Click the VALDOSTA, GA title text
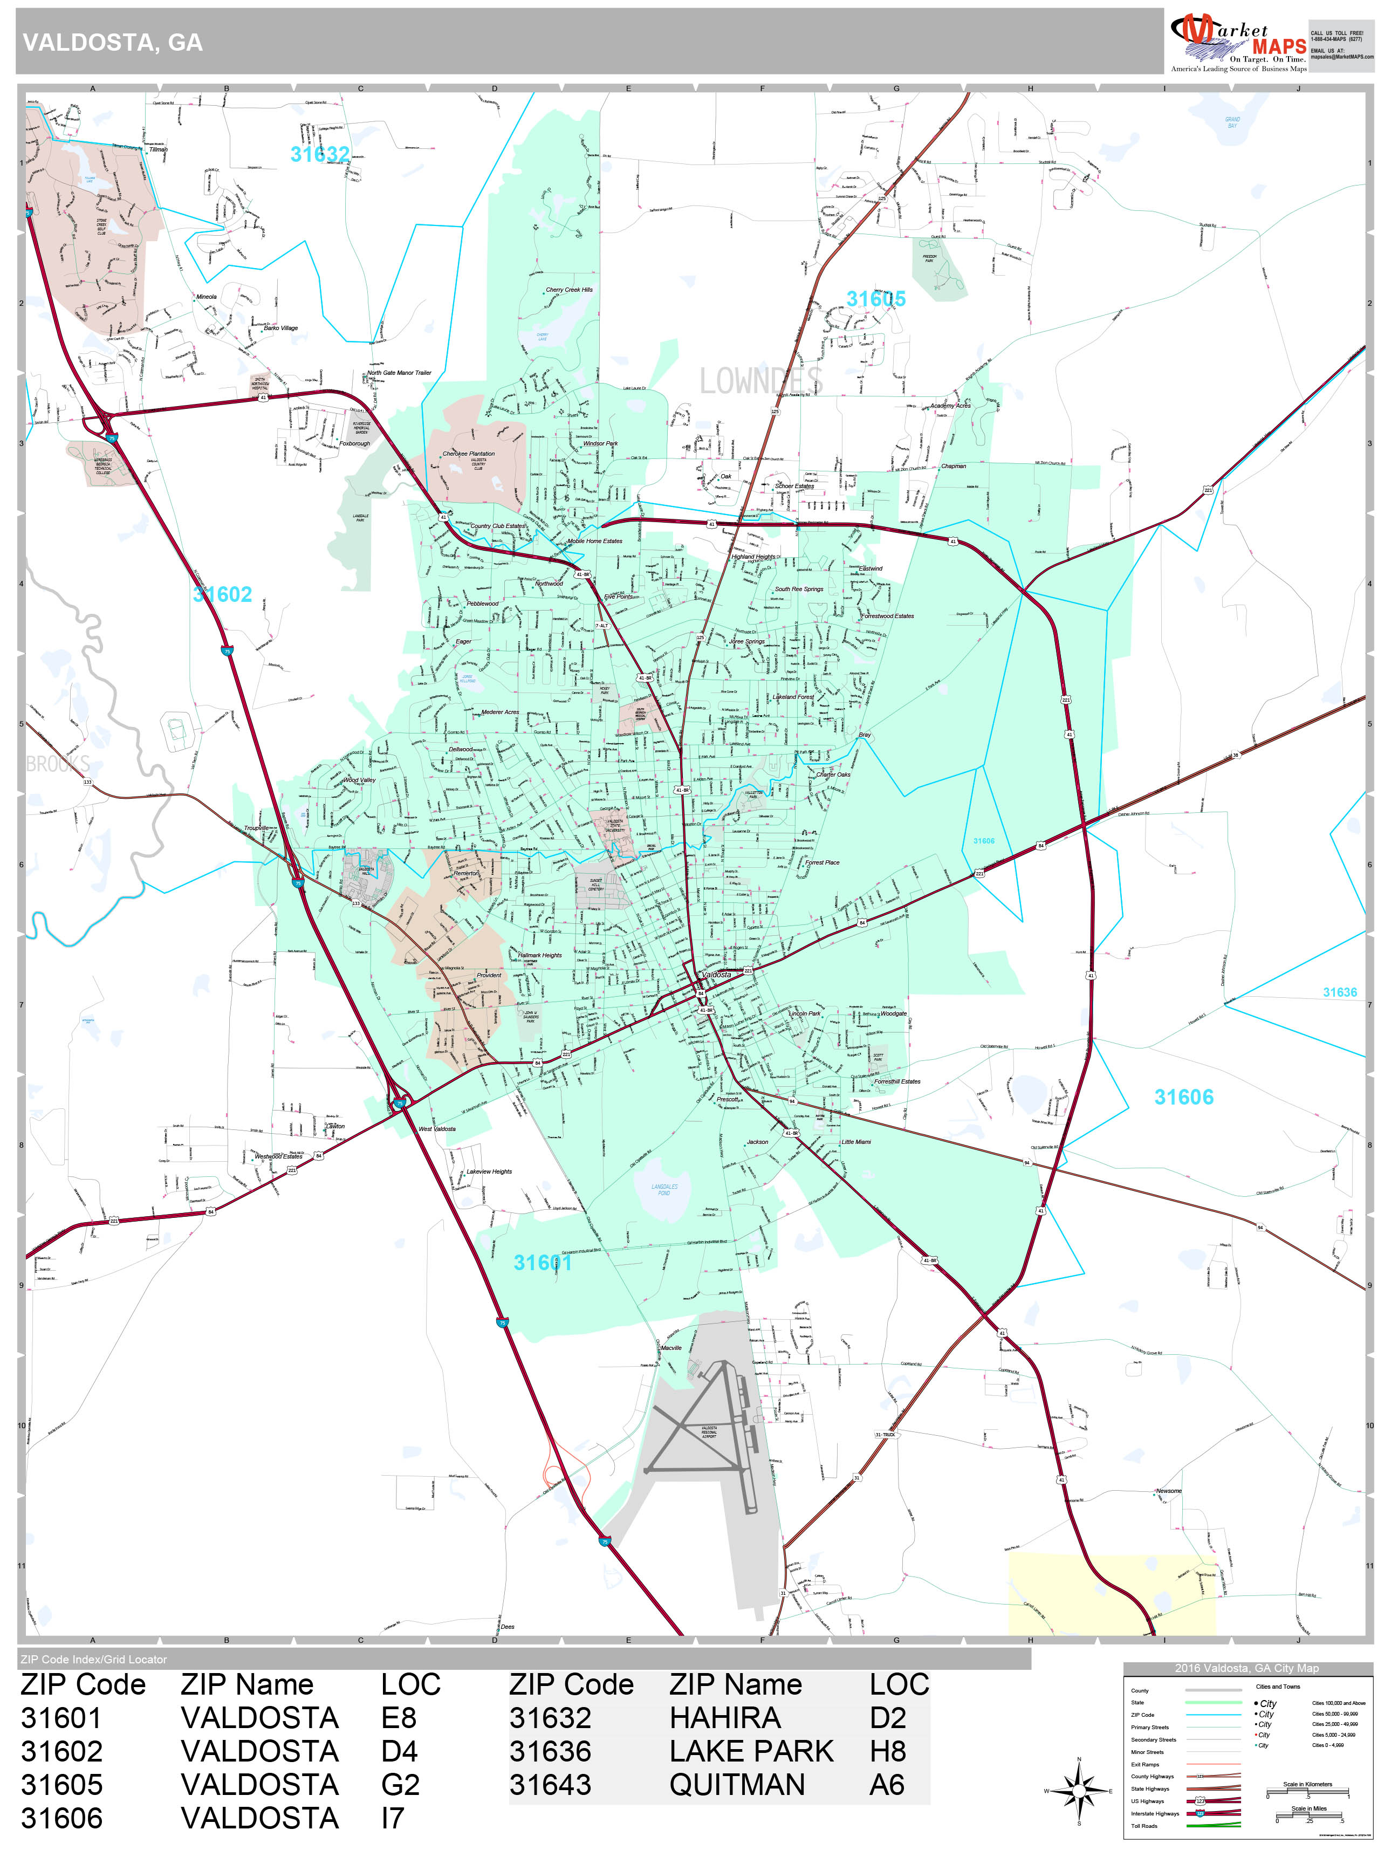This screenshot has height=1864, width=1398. (112, 43)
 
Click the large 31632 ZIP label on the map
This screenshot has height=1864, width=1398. (319, 154)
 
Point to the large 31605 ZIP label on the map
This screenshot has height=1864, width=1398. (875, 299)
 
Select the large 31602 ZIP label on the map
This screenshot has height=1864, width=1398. (223, 595)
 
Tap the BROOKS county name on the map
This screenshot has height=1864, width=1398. (57, 764)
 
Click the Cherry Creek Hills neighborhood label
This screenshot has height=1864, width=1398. (569, 290)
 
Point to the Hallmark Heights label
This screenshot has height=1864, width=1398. (539, 956)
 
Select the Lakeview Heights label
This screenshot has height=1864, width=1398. (489, 1172)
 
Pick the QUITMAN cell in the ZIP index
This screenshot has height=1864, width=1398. (737, 1785)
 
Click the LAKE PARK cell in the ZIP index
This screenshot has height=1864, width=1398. (751, 1751)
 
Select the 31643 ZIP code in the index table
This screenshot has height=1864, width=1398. (550, 1785)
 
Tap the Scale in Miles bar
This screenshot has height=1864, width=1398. (1308, 1819)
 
